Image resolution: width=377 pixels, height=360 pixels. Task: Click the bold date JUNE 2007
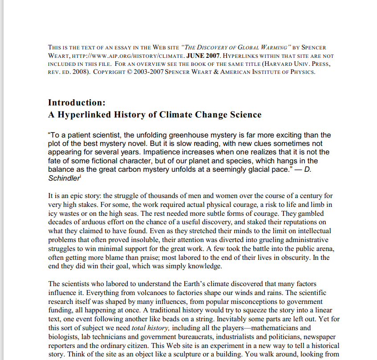[x=203, y=56]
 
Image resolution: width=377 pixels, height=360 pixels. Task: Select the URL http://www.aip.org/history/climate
[x=125, y=56]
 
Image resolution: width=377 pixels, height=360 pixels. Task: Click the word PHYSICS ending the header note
[x=302, y=72]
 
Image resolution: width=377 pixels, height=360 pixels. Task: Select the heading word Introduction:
[x=77, y=103]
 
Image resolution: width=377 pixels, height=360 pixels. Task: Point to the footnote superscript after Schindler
[x=81, y=176]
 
